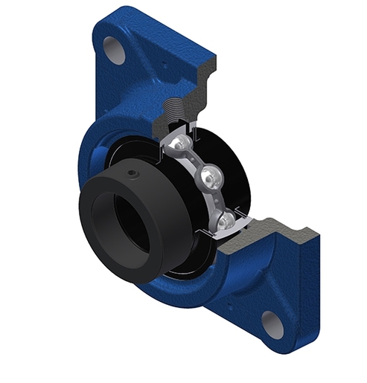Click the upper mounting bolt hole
[x=113, y=50]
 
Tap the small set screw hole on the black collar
[x=132, y=175]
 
